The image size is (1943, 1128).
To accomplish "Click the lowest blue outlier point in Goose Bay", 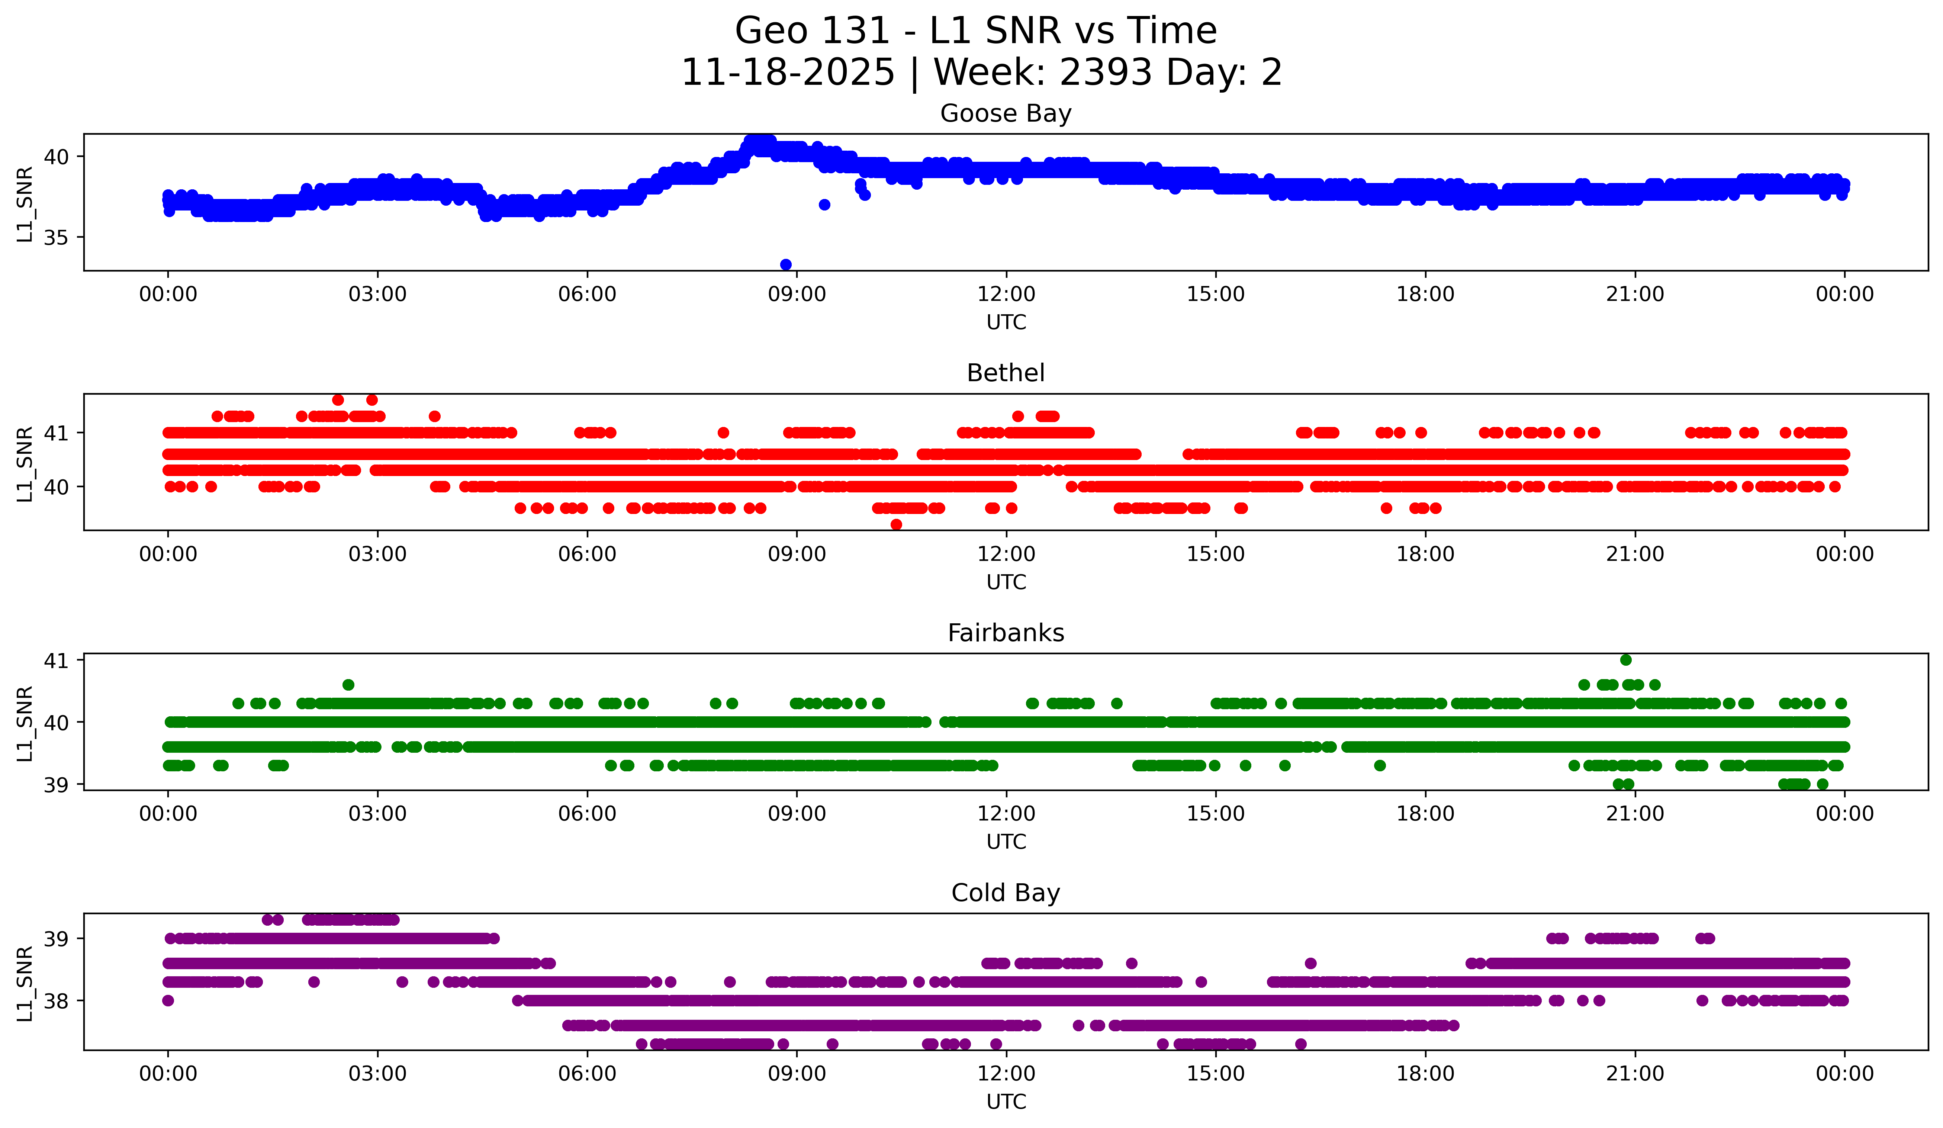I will click(x=786, y=264).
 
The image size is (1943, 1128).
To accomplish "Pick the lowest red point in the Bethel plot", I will click(x=896, y=524).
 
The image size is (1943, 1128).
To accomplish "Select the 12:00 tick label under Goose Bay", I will click(x=1006, y=295).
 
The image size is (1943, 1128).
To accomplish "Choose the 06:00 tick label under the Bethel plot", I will click(x=588, y=555).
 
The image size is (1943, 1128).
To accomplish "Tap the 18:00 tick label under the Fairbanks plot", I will click(x=1425, y=814).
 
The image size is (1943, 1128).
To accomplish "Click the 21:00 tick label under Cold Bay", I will click(x=1635, y=1074).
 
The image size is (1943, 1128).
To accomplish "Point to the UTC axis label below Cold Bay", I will click(x=1006, y=1102).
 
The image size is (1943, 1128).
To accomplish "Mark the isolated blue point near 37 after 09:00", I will click(x=824, y=204).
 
